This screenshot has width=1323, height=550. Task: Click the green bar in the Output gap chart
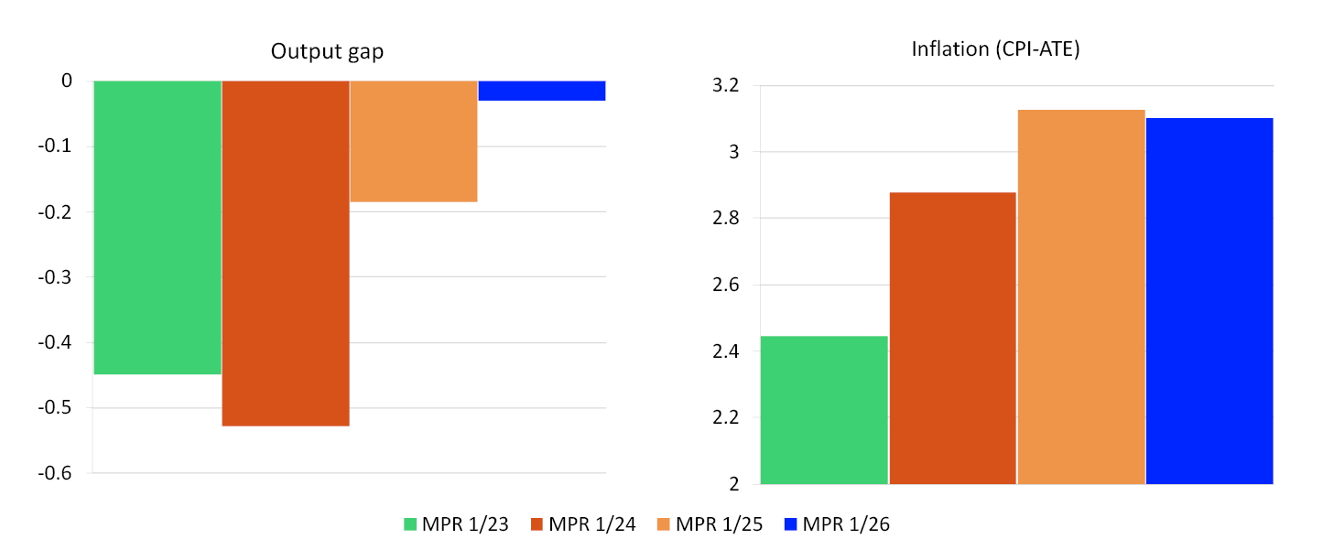157,227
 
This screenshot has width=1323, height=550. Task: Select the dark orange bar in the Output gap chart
286,253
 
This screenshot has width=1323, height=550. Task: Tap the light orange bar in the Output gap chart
414,141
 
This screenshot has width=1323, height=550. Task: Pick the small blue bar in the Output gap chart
541,91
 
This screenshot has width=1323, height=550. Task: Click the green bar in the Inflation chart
824,410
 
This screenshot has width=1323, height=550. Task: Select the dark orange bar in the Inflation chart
952,338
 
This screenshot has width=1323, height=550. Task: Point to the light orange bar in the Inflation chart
1081,297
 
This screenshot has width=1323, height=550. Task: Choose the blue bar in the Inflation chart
1209,301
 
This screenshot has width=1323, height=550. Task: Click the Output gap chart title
327,51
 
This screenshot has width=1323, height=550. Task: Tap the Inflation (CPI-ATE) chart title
996,49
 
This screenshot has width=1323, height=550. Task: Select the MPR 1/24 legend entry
591,524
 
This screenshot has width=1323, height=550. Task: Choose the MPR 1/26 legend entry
837,524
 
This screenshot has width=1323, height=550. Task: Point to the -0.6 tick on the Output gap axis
57,474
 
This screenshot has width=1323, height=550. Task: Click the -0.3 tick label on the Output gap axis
57,277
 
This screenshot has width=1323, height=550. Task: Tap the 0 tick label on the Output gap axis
66,81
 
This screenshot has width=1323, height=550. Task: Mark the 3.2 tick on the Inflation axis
725,86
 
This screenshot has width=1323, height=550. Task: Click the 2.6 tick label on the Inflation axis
725,286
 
